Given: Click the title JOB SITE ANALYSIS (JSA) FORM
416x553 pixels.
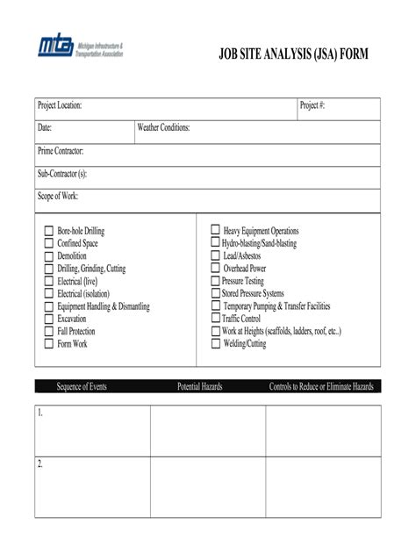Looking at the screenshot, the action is (x=294, y=54).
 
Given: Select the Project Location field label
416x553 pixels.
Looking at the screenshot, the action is (x=60, y=106).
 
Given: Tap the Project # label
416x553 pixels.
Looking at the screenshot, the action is (x=312, y=106).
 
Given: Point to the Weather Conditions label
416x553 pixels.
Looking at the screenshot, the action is (x=163, y=129).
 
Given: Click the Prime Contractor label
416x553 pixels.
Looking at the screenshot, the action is (x=61, y=152).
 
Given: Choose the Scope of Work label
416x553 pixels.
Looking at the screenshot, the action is (x=58, y=197).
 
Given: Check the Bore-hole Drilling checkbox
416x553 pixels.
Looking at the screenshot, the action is (x=49, y=231).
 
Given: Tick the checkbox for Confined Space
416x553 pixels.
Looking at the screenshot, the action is (x=49, y=243).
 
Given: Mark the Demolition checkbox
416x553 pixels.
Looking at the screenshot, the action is (x=49, y=256).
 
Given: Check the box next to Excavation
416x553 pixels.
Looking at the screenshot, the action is (x=49, y=320).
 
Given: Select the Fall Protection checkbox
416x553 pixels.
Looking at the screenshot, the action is (x=49, y=332).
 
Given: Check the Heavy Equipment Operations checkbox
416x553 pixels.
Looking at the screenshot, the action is (x=215, y=230).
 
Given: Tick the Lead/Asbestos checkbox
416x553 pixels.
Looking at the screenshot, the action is (x=215, y=255).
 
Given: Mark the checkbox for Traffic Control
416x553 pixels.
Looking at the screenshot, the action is (x=215, y=319).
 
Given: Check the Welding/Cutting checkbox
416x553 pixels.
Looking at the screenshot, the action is (x=215, y=344).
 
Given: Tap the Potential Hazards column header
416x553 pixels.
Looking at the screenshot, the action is (x=199, y=386).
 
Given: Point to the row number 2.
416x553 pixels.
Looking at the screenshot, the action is (x=40, y=463).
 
